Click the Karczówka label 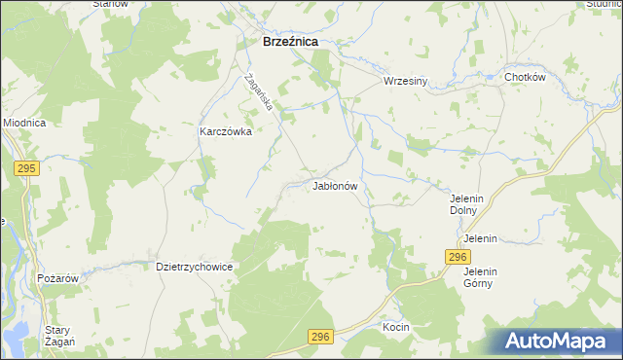pos(226,131)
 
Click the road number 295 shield pos(26,168)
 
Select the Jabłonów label pos(336,185)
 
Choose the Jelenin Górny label pos(480,277)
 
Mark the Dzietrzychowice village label pos(194,265)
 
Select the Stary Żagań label pos(56,336)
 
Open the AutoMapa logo pos(554,341)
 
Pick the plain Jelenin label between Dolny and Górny pos(481,238)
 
